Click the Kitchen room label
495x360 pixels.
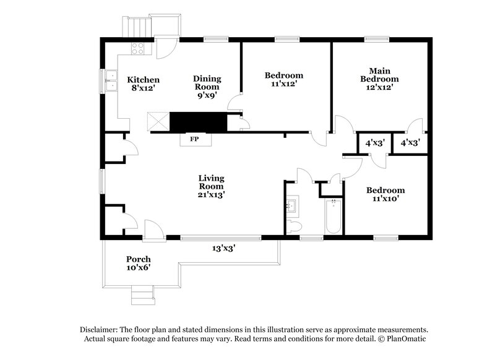click(x=144, y=80)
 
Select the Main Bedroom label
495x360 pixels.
click(x=380, y=74)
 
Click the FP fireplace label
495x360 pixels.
click(x=194, y=139)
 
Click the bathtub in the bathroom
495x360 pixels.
click(x=334, y=216)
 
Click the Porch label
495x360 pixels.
click(x=139, y=259)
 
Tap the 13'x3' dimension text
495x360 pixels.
click(x=223, y=248)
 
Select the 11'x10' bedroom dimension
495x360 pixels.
click(x=385, y=199)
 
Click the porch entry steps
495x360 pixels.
click(x=141, y=296)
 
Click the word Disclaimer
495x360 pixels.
click(x=100, y=330)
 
